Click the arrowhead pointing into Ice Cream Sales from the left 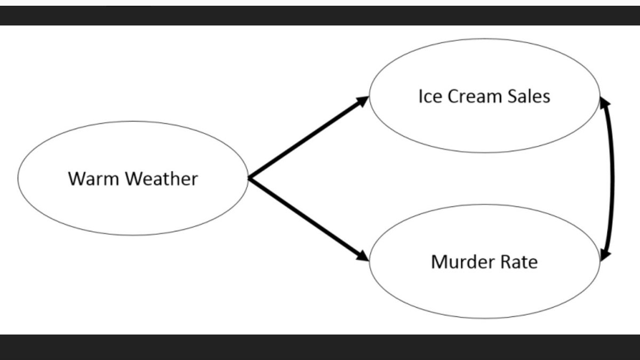pyautogui.click(x=363, y=100)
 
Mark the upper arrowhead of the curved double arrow pyautogui.click(x=604, y=103)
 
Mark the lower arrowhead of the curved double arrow pyautogui.click(x=604, y=255)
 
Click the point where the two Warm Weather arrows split pyautogui.click(x=250, y=178)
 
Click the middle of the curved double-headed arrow pyautogui.click(x=612, y=179)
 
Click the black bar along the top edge pyautogui.click(x=320, y=15)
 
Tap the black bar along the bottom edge pyautogui.click(x=320, y=347)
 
